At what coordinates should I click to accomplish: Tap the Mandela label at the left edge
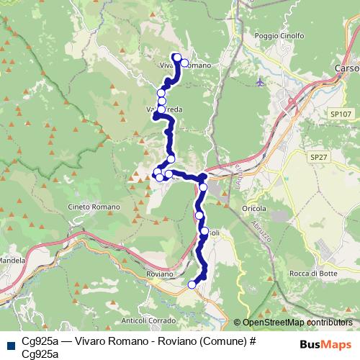[x=12, y=260]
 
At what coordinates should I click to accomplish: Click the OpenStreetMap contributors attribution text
[x=297, y=323]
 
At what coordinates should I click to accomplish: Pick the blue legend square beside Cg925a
[x=10, y=344]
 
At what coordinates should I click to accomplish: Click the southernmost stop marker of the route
[x=192, y=285]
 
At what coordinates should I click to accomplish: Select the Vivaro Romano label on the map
[x=185, y=66]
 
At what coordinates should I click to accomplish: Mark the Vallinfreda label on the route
[x=163, y=109]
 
